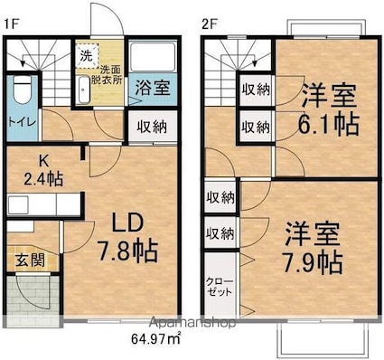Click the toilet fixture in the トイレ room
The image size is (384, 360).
tap(23, 90)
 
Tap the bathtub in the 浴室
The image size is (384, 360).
tap(153, 57)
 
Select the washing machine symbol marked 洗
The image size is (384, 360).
tap(87, 56)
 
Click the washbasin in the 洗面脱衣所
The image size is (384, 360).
tap(84, 90)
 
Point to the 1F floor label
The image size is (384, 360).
tap(11, 24)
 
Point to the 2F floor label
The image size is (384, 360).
tap(210, 24)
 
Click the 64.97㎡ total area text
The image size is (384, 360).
tap(155, 338)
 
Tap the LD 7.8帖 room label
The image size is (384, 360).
tap(127, 237)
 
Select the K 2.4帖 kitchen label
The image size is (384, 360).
tap(43, 171)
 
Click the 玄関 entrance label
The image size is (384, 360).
tap(30, 260)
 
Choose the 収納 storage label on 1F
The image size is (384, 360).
tap(152, 128)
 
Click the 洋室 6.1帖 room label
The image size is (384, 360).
tap(329, 109)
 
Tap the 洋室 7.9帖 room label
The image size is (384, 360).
tap(313, 248)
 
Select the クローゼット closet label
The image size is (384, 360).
tap(220, 287)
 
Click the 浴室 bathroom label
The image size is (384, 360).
tap(153, 88)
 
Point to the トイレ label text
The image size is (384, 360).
tap(22, 122)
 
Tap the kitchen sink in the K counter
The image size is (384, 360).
tap(18, 204)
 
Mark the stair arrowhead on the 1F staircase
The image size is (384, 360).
tap(23, 62)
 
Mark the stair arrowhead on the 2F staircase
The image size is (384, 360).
tap(255, 62)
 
